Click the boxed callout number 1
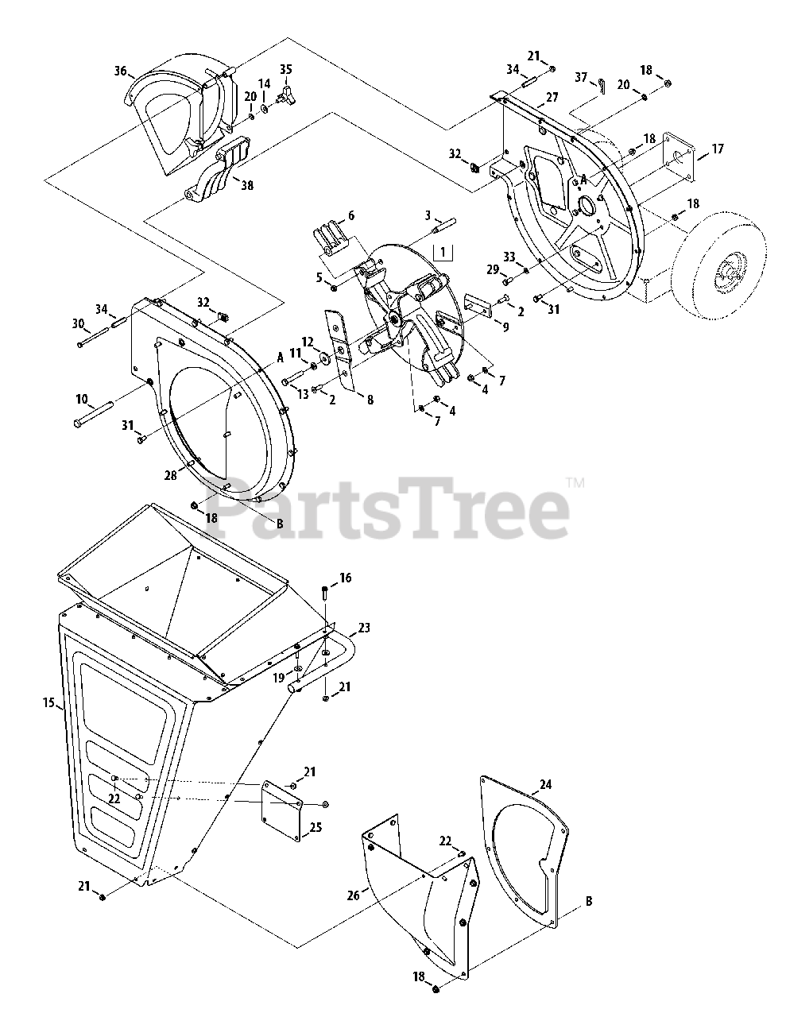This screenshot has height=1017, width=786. pos(443,253)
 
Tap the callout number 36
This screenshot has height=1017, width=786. pos(120,71)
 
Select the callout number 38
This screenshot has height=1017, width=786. pos(247,184)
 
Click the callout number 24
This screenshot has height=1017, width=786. pos(567,786)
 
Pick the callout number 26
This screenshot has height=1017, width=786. pos(353,895)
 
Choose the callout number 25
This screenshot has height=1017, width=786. pos(316,827)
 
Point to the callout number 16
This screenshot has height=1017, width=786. pos(345,578)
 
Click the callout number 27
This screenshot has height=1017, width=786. pos(552,99)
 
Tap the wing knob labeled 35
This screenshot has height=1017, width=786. pos(284,99)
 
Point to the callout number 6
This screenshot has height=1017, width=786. pos(351,216)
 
